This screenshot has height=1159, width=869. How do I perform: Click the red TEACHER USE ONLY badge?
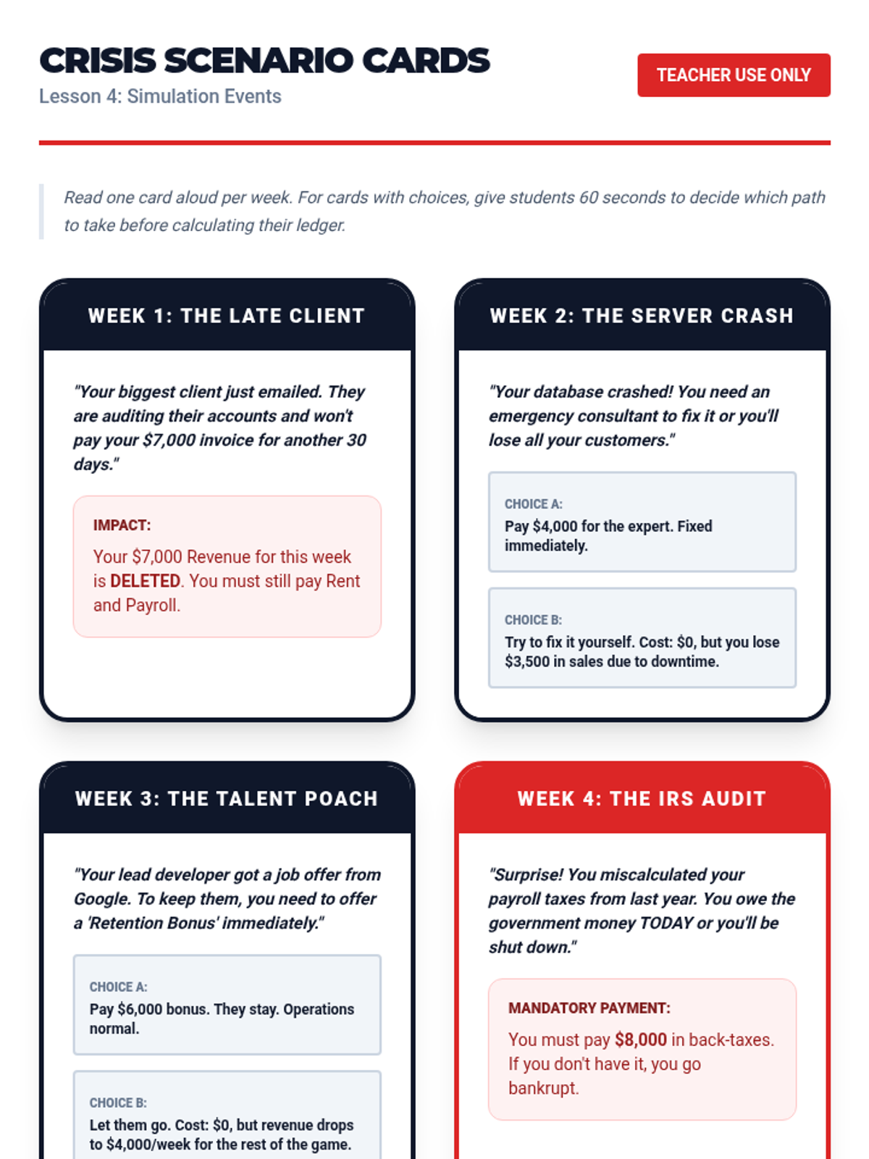click(x=733, y=75)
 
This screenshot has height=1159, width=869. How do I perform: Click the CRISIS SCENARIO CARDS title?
click(x=264, y=61)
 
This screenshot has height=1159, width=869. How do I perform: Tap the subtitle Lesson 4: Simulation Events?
click(x=160, y=96)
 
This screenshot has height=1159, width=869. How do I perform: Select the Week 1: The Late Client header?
click(x=226, y=316)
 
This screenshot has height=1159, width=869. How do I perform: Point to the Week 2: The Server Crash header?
click(x=642, y=316)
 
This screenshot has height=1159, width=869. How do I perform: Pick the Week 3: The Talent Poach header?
click(x=226, y=798)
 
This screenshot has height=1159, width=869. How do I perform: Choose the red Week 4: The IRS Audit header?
click(x=642, y=798)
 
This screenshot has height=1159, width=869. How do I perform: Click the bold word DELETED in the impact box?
click(x=145, y=581)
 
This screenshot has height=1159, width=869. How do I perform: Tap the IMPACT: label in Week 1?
click(x=122, y=525)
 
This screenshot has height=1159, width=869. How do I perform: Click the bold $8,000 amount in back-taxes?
click(x=640, y=1039)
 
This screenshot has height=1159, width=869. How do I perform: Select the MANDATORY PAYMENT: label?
click(x=589, y=1008)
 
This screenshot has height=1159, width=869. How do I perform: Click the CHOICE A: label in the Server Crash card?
click(x=533, y=504)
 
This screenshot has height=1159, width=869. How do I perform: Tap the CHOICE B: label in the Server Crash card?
click(x=533, y=620)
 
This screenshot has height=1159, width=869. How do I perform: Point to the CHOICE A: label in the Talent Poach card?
click(x=118, y=987)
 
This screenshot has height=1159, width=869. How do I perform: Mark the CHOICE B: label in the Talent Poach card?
click(x=118, y=1102)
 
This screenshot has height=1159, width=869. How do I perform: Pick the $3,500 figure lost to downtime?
click(x=526, y=661)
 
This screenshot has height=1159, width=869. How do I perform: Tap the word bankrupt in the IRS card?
click(x=542, y=1088)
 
